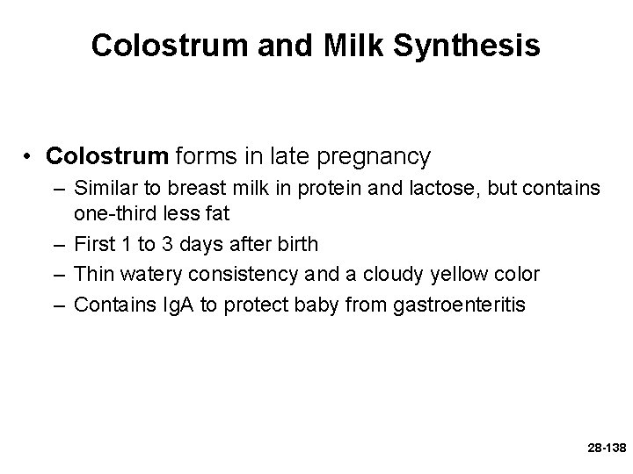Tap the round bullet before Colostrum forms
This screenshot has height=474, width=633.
click(x=31, y=158)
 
